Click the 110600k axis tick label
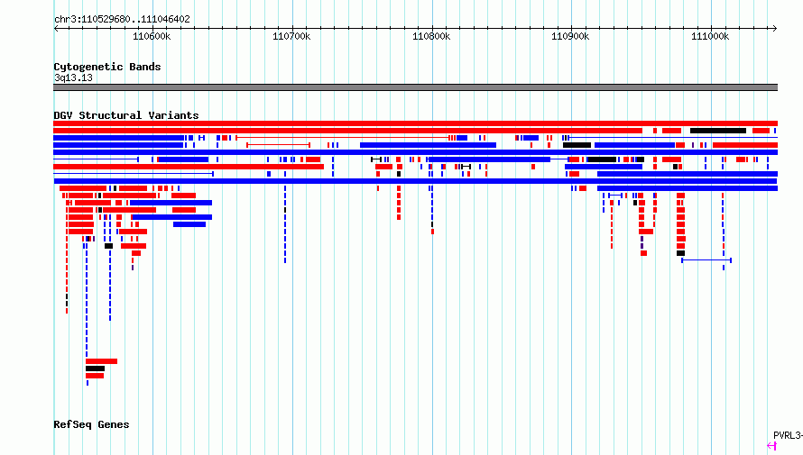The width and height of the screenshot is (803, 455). (152, 36)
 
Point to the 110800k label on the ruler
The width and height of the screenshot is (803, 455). (431, 36)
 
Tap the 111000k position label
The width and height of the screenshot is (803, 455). (710, 36)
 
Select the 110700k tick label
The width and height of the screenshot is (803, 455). (291, 36)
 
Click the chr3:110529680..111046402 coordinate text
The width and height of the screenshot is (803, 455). (122, 20)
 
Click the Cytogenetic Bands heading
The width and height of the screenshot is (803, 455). (107, 67)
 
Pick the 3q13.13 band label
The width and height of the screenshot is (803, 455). (73, 77)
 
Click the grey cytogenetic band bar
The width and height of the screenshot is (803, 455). (415, 87)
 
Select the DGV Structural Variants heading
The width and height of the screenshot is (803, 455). (126, 115)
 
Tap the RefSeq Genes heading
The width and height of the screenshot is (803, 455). (91, 424)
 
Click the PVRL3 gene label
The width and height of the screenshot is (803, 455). (788, 435)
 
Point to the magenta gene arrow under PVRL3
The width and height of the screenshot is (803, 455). (771, 446)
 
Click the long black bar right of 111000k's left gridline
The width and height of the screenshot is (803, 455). (718, 131)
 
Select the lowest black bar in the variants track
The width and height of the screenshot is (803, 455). (96, 369)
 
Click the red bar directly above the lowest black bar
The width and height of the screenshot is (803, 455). (101, 361)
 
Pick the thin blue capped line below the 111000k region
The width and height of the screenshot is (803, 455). (706, 260)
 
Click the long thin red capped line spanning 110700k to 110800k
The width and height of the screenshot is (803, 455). (343, 138)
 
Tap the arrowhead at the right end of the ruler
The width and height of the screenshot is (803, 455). (774, 28)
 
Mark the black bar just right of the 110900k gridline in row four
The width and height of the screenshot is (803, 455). (577, 145)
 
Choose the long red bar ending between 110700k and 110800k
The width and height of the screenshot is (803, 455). (189, 167)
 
